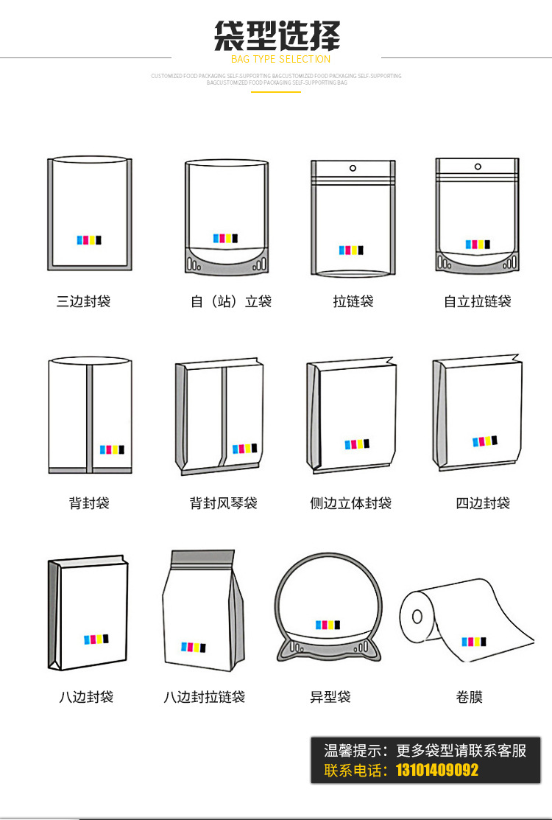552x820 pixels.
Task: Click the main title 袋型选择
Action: pos(277,36)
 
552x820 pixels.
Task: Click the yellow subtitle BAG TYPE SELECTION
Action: pos(280,59)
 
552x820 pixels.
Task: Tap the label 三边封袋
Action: pos(83,301)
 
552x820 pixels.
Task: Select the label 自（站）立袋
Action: pos(231,301)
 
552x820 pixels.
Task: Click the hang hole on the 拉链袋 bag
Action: pos(353,168)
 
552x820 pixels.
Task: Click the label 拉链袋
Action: pos(353,301)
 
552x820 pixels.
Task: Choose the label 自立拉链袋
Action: pos(477,301)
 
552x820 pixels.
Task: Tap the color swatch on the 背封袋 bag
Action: pos(112,449)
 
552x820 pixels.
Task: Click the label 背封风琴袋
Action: pos(224,503)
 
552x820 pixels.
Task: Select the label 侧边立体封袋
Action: pos(350,503)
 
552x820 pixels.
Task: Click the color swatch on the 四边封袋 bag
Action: pos(484,441)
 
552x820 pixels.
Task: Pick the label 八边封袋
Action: pos(86,697)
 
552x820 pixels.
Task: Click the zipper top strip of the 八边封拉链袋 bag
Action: pos(202,558)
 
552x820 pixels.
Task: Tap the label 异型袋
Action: pos(330,697)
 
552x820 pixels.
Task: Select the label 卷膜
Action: pos(470,697)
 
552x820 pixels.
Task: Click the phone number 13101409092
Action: pos(437,771)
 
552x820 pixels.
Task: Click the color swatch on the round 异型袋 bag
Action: pos(328,625)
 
